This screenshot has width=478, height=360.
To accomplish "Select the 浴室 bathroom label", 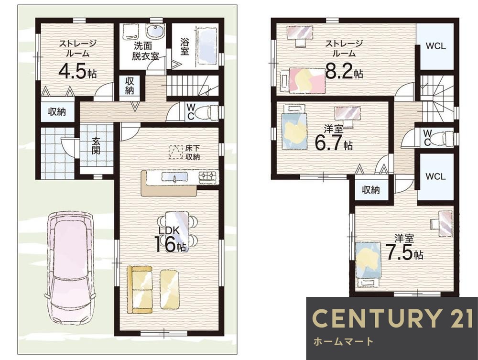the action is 184,46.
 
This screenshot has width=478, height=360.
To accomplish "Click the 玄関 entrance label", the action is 96,145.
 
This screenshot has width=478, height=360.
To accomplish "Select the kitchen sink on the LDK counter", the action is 174,177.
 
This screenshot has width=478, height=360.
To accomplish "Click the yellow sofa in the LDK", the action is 140,289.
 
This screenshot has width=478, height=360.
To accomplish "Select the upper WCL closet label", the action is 435,46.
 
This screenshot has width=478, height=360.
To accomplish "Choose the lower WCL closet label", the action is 435,176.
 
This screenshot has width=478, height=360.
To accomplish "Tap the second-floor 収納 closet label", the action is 371,190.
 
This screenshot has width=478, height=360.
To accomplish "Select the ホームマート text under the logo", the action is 344,341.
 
